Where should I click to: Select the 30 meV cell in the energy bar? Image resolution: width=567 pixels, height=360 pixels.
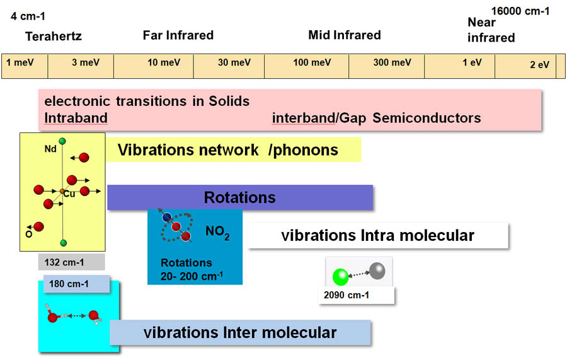[229, 64]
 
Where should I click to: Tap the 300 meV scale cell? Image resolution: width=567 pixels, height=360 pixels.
[386, 64]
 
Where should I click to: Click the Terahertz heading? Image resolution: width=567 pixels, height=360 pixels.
[54, 37]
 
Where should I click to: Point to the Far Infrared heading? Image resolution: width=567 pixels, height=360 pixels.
[178, 35]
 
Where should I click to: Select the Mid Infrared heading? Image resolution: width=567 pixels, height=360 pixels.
[345, 35]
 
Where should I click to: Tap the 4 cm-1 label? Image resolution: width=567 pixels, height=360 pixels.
[28, 16]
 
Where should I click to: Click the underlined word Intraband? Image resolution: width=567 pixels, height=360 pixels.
[76, 118]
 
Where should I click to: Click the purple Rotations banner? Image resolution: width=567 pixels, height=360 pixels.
[240, 197]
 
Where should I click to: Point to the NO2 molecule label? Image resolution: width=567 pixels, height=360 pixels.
[217, 235]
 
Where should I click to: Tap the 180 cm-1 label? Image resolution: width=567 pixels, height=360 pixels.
[69, 284]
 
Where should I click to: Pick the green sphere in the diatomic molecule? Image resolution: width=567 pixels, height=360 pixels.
[340, 276]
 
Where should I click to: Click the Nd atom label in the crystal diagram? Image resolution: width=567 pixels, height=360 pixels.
[50, 150]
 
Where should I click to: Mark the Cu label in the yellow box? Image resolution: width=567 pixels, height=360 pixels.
[69, 194]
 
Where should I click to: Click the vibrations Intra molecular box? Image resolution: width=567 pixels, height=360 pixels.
[377, 236]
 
